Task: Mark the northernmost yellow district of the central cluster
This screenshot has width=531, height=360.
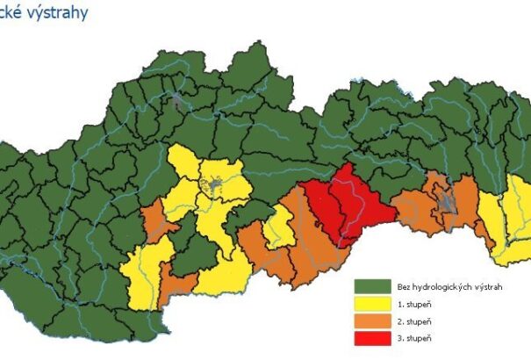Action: coord(183,162)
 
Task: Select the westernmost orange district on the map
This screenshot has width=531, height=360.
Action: coord(154,220)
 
